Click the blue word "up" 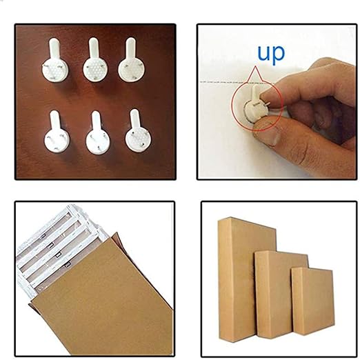pos(271,54)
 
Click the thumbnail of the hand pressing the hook pos(277,101)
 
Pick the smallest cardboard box pos(312,301)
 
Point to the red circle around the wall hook pos(232,103)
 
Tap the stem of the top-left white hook pos(54,50)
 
